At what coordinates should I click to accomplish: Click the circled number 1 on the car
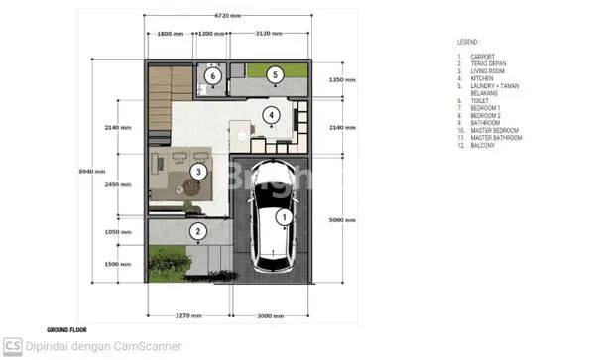pos(283,215)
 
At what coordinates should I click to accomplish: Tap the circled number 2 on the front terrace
pos(198,233)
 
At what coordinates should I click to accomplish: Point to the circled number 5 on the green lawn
pos(274,73)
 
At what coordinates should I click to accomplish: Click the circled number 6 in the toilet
pos(211,74)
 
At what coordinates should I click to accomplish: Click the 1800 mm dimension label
pos(171,34)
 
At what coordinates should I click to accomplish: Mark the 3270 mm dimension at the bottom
pos(189,315)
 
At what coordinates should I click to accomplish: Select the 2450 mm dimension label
pos(118,183)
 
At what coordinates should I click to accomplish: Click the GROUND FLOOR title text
pos(68,329)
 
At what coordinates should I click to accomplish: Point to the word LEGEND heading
pos(469,43)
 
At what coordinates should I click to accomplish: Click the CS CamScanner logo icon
pos(13,347)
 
